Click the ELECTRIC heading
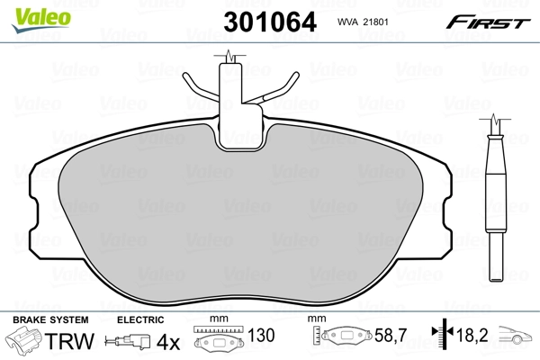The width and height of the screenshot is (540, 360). click(x=140, y=320)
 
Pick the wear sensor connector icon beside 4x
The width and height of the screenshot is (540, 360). click(x=128, y=342)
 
